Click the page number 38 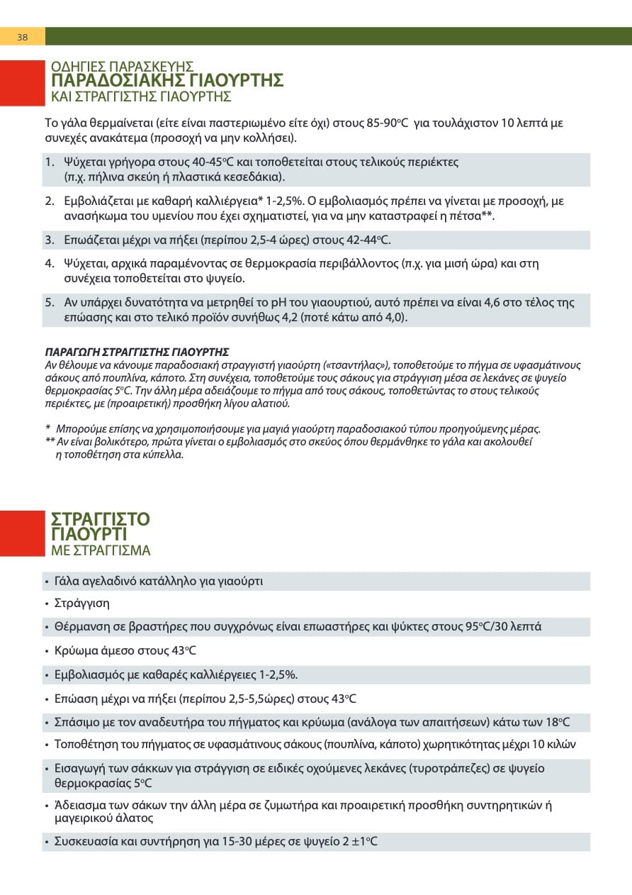[22, 37]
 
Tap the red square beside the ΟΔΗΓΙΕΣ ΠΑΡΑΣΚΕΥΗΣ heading [22, 84]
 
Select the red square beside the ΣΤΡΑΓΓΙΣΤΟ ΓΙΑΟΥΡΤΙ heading [22, 533]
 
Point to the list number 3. [50, 240]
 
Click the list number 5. [50, 302]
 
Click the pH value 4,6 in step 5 [493, 302]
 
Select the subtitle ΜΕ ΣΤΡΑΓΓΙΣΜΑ [101, 551]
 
